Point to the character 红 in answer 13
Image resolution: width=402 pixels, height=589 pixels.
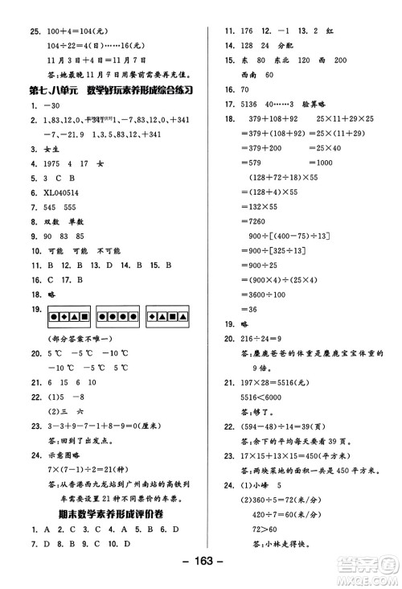330,31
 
